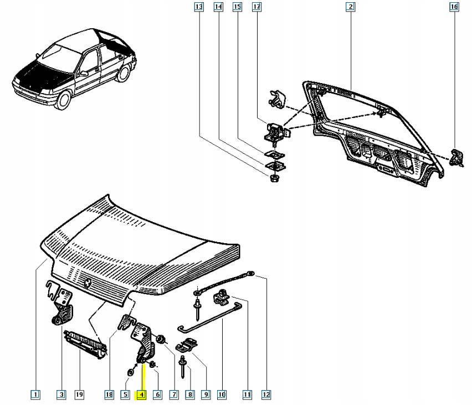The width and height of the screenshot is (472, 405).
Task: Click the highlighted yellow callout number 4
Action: (x=141, y=395)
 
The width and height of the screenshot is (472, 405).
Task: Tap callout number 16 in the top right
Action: (x=454, y=7)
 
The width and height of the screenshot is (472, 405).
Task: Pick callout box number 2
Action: (x=350, y=7)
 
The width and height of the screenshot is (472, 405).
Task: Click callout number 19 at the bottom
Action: (x=79, y=395)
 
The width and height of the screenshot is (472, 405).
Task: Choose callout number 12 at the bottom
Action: (x=266, y=395)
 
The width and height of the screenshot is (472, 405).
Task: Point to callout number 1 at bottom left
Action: (x=35, y=395)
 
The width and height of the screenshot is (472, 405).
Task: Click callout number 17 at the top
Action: (x=256, y=7)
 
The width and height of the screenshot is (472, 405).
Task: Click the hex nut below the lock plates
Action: (x=273, y=178)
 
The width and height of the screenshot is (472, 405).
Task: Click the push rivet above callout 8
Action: (x=182, y=362)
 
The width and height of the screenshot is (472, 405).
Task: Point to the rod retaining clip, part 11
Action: (x=222, y=298)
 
